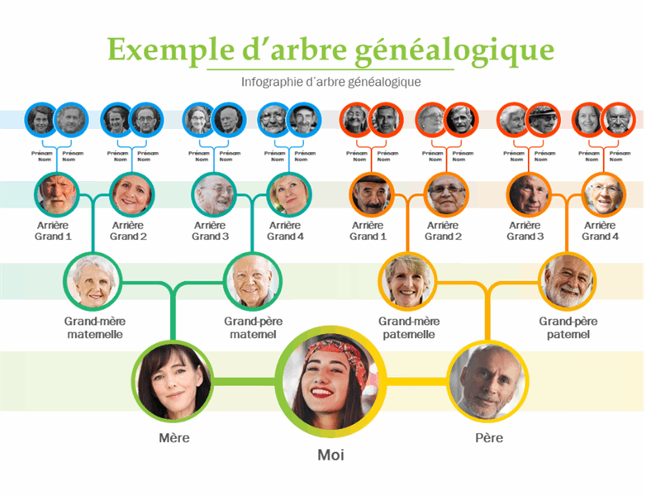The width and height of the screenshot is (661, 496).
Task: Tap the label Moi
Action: click(330, 455)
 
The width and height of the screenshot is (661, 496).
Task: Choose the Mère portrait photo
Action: click(174, 381)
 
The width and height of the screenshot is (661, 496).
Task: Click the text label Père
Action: click(489, 438)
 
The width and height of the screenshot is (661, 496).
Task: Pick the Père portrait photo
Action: click(487, 381)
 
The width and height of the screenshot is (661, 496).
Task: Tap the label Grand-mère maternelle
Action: click(94, 327)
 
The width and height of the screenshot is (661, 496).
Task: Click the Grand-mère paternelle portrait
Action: click(407, 280)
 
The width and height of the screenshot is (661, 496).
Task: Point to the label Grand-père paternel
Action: click(568, 327)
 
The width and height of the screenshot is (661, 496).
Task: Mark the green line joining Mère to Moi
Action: click(243, 381)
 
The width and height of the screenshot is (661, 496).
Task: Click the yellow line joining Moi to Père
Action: click(417, 381)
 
